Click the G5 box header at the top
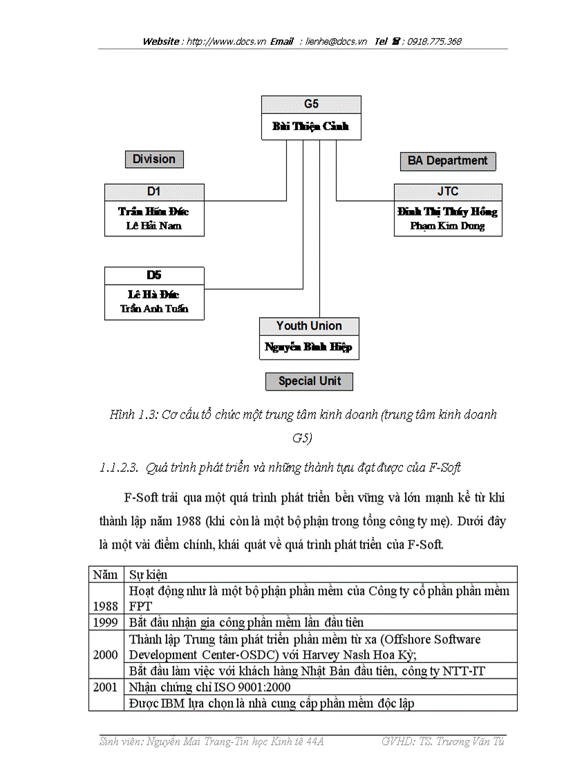tap(311, 104)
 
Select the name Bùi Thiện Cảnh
tap(311, 126)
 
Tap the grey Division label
tap(154, 159)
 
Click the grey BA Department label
tap(447, 161)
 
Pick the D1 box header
tap(154, 191)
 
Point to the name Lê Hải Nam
tap(154, 226)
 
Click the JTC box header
tap(448, 191)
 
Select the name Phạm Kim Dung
tap(448, 226)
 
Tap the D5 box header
tap(154, 275)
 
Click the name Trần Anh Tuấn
tap(154, 309)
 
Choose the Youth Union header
tap(309, 325)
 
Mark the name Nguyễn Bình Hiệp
tap(309, 348)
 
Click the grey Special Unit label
tap(309, 381)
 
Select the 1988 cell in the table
tap(105, 605)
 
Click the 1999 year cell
tap(105, 623)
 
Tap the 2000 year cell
tap(105, 654)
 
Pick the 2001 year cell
tap(105, 688)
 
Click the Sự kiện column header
tap(148, 574)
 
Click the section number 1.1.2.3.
tap(122, 468)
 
